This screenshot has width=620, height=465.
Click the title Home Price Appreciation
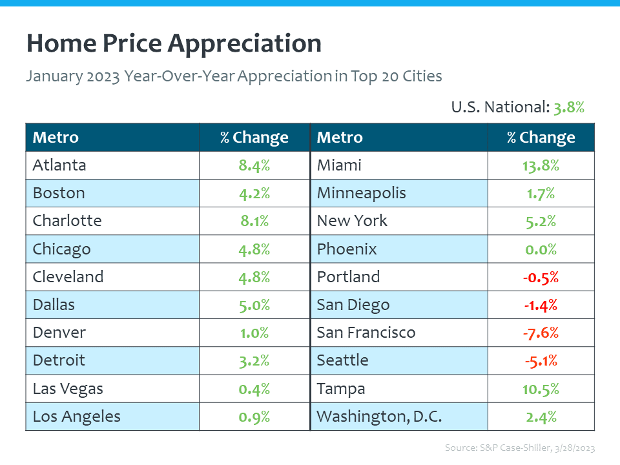click(x=174, y=44)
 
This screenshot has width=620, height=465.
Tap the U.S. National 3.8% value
click(x=568, y=107)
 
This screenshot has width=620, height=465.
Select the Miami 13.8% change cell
click(x=541, y=165)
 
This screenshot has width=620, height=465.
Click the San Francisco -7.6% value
click(x=541, y=333)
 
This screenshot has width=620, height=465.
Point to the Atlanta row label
click(x=59, y=165)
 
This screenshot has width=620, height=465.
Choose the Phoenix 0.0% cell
click(x=541, y=249)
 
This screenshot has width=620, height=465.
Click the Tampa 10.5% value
click(x=541, y=389)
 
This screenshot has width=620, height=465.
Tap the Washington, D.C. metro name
click(x=379, y=417)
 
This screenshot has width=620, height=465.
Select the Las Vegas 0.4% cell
click(x=254, y=389)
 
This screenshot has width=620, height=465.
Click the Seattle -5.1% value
click(x=541, y=360)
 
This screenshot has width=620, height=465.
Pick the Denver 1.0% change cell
click(x=254, y=333)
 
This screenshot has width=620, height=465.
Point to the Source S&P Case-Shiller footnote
click(x=520, y=448)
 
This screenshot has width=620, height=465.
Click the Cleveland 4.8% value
click(x=254, y=277)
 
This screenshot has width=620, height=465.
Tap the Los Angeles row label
click(x=76, y=417)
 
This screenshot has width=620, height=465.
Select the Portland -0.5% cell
click(x=541, y=277)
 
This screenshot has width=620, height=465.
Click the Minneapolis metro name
click(x=362, y=193)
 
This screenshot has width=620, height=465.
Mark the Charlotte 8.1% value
click(x=254, y=221)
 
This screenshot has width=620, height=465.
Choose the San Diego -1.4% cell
click(x=541, y=305)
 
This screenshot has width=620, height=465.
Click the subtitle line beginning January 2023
click(x=234, y=76)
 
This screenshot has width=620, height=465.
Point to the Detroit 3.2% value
click(x=254, y=360)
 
